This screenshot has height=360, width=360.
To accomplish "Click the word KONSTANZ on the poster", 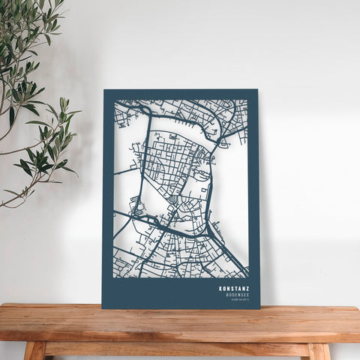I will point(235,288).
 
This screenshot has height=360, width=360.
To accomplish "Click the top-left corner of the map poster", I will point(104,91).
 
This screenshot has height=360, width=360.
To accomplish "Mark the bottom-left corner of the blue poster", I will point(103,307).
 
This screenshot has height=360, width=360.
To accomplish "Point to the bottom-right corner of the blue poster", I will point(259,307).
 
